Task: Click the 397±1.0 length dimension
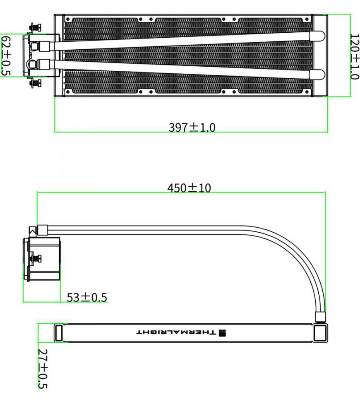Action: coord(192,127)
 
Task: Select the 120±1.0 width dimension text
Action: coord(355,56)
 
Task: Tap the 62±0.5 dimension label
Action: coord(6,56)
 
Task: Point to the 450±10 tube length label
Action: coord(189,188)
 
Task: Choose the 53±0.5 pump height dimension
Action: coord(87,297)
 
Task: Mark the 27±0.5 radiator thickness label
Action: coord(43,368)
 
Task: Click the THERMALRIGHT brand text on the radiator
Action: coord(176,332)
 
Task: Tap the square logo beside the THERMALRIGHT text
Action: coord(222,332)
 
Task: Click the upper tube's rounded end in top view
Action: coord(317,36)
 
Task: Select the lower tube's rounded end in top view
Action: coord(317,75)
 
